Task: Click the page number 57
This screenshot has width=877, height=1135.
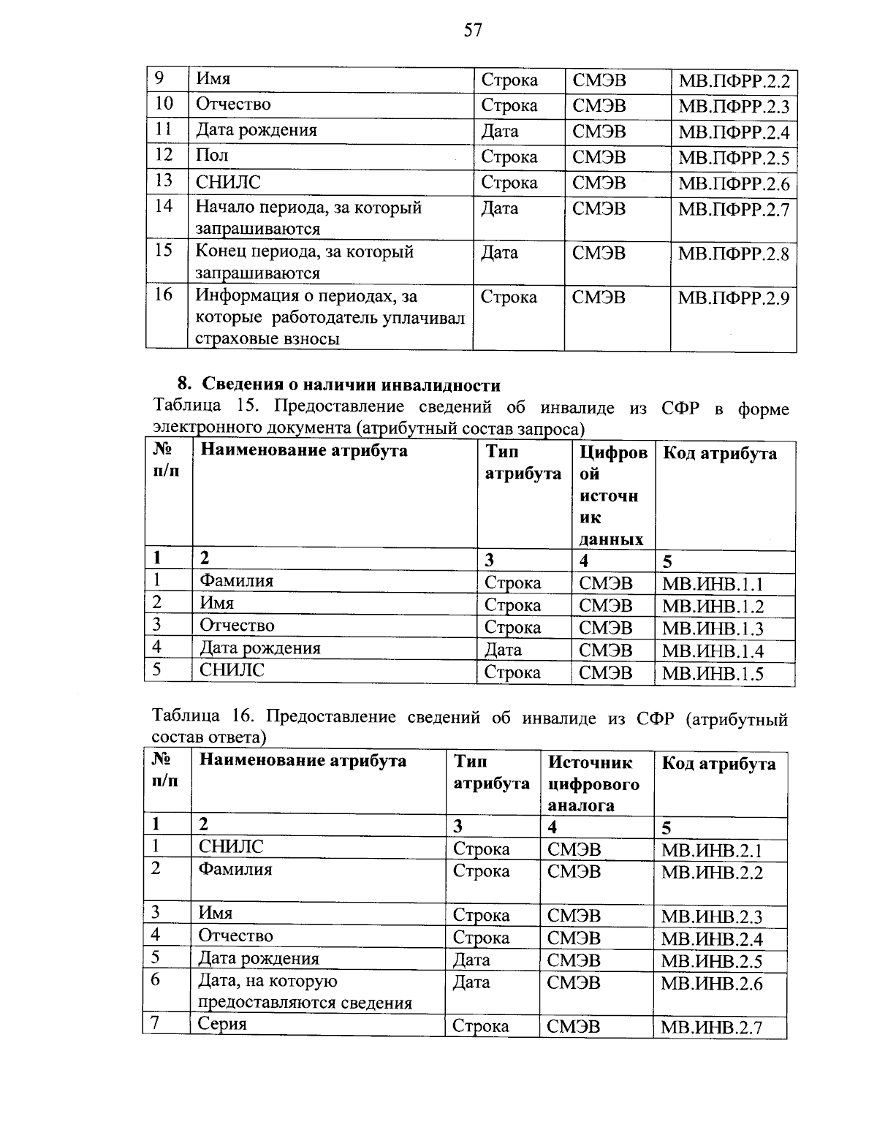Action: [473, 30]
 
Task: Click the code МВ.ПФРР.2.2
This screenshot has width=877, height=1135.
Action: [733, 81]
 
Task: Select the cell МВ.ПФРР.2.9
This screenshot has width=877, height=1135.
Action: [733, 297]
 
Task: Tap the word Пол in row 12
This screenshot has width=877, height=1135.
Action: [212, 155]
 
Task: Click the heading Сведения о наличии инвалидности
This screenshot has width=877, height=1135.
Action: [351, 385]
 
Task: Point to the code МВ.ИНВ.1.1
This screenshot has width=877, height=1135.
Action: [712, 584]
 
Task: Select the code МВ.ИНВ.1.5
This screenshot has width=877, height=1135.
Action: [712, 673]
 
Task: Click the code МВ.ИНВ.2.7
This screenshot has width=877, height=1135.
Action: [711, 1028]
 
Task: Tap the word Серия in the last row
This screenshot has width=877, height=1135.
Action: [223, 1024]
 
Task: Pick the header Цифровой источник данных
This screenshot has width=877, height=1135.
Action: [612, 496]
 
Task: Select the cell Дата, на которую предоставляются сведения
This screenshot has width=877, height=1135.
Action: [305, 992]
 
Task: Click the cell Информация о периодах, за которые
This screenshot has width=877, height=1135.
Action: [330, 317]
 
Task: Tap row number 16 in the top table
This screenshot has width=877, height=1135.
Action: [164, 295]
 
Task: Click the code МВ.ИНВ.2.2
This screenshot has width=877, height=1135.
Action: [711, 873]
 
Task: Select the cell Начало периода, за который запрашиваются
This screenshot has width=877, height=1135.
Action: [308, 218]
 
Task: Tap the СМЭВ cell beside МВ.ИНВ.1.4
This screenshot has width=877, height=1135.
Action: [605, 650]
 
